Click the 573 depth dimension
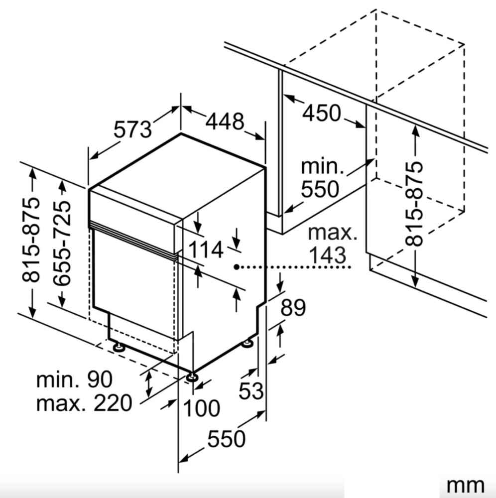tap(133, 129)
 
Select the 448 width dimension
tap(225, 121)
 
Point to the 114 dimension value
tap(206, 249)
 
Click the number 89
tap(293, 307)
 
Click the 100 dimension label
tap(202, 408)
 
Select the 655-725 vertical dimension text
tap(62, 244)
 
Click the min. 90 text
tap(74, 379)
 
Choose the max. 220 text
tap(84, 403)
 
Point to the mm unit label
tap(465, 486)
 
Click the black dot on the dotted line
tap(237, 267)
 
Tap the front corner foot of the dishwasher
tap(192, 376)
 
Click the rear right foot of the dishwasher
tap(247, 343)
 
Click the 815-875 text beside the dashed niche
tap(414, 204)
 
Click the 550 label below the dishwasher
tap(227, 439)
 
